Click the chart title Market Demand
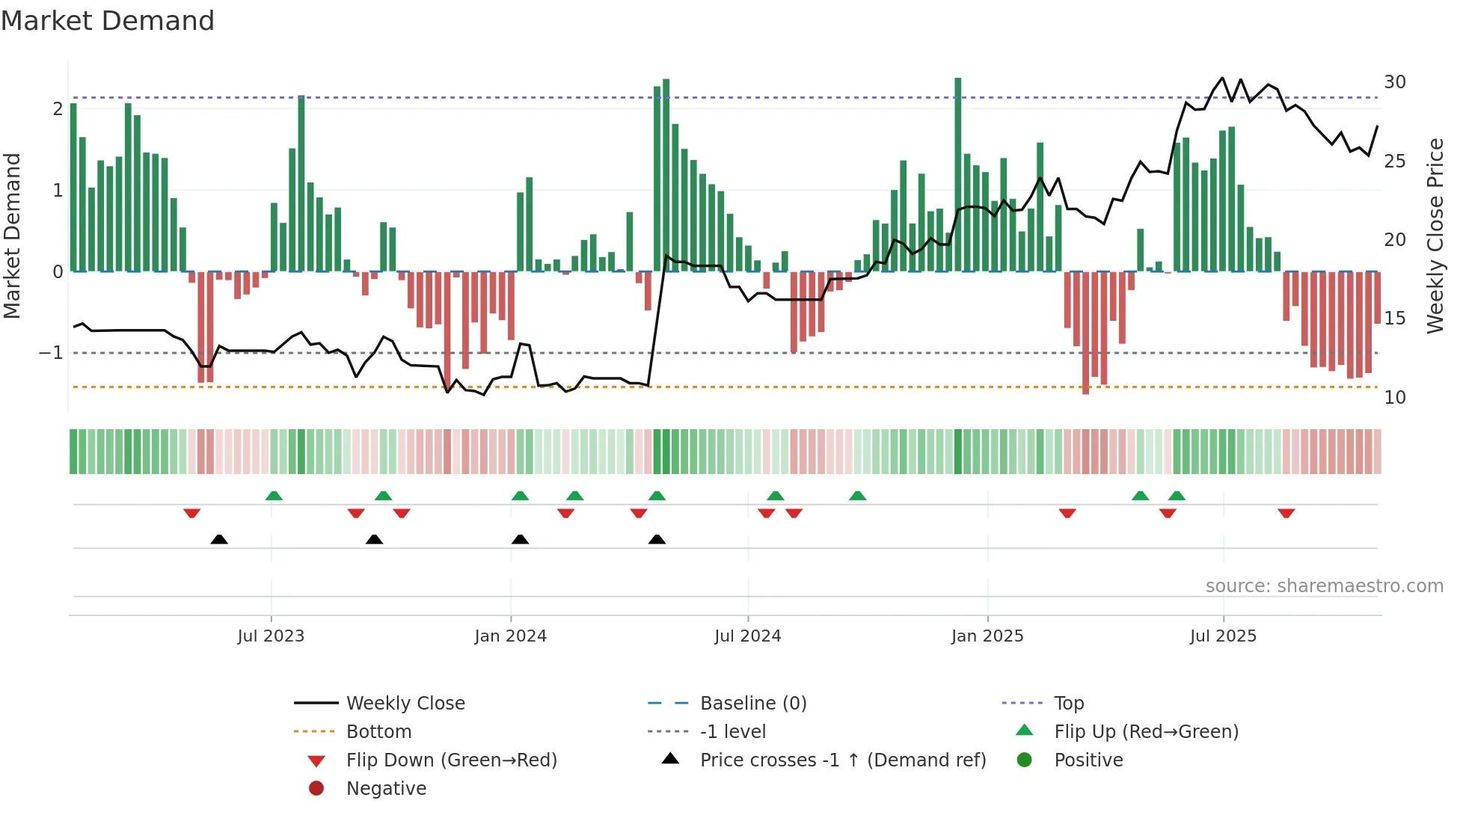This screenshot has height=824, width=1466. (x=108, y=21)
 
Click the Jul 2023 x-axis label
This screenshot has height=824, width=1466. (x=271, y=636)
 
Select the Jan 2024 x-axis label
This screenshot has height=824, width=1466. (x=510, y=636)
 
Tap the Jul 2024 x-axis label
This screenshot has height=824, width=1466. (x=747, y=636)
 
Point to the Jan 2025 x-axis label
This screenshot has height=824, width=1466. (x=987, y=636)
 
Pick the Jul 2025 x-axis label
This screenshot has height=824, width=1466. (x=1223, y=636)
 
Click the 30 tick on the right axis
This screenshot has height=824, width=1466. (x=1394, y=82)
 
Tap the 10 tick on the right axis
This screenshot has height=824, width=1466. (x=1394, y=398)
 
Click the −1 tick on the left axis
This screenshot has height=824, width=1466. (x=51, y=353)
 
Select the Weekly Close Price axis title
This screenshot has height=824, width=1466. (x=1435, y=236)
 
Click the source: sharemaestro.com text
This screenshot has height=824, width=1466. (x=1324, y=586)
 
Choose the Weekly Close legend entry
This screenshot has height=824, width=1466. (x=405, y=704)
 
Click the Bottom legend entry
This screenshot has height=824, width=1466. (x=378, y=732)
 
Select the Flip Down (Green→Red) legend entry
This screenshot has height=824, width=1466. (x=451, y=760)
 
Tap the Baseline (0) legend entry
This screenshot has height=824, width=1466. (x=752, y=704)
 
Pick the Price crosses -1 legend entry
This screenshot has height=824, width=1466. (x=842, y=760)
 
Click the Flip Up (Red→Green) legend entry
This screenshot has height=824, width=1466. (x=1146, y=732)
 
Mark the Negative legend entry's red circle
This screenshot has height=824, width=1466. (x=316, y=789)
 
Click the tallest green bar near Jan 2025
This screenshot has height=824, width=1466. (x=957, y=172)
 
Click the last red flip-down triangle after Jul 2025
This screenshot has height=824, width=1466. (x=1286, y=514)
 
